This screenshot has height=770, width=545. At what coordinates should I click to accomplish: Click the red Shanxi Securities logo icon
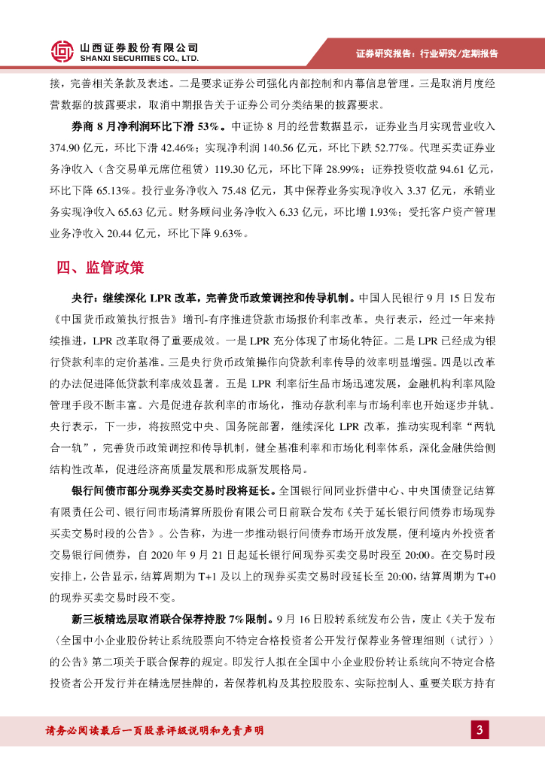pos(62,50)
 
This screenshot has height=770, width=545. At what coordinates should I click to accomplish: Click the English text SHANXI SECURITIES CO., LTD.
pos(139,57)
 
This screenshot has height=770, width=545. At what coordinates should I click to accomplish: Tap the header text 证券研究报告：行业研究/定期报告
pos(427,53)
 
